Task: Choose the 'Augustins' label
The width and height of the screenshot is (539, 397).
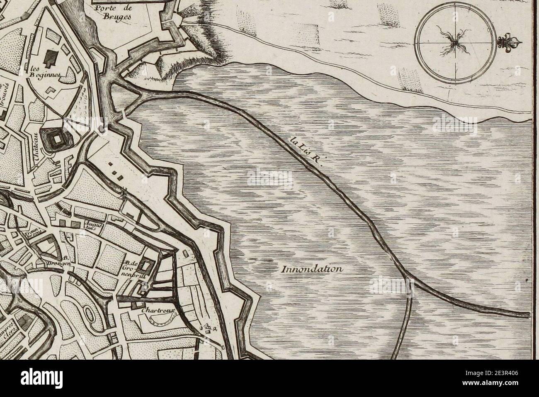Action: pyautogui.click(x=90, y=227)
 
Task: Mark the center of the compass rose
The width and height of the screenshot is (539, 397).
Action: pyautogui.click(x=455, y=42)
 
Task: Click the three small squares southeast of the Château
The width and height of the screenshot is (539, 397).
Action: pyautogui.click(x=116, y=174)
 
